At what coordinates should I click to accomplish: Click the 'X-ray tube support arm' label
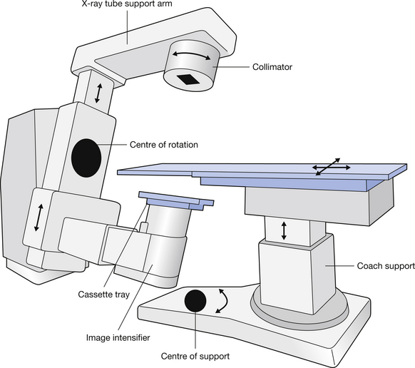pyautogui.click(x=126, y=4)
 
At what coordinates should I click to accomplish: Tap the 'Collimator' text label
pyautogui.click(x=272, y=67)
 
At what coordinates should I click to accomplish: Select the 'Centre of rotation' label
pyautogui.click(x=164, y=145)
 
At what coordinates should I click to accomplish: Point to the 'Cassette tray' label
pyautogui.click(x=104, y=295)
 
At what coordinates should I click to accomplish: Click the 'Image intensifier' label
pyautogui.click(x=118, y=338)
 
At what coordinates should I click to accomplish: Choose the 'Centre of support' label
pyautogui.click(x=195, y=357)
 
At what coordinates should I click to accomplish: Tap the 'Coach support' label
pyautogui.click(x=386, y=266)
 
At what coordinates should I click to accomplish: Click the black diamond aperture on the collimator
pyautogui.click(x=188, y=79)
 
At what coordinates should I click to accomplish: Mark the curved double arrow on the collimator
pyautogui.click(x=192, y=54)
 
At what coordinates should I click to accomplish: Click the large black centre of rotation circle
pyautogui.click(x=86, y=158)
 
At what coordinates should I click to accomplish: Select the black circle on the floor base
pyautogui.click(x=195, y=301)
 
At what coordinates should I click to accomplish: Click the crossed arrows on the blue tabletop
pyautogui.click(x=331, y=167)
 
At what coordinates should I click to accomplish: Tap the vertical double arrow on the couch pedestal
pyautogui.click(x=284, y=231)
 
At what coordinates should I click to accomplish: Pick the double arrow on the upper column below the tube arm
pyautogui.click(x=98, y=93)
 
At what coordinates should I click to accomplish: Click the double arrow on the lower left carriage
pyautogui.click(x=39, y=218)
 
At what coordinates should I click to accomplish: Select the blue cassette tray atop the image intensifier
pyautogui.click(x=176, y=200)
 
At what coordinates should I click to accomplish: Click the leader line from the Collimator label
pyautogui.click(x=231, y=67)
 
